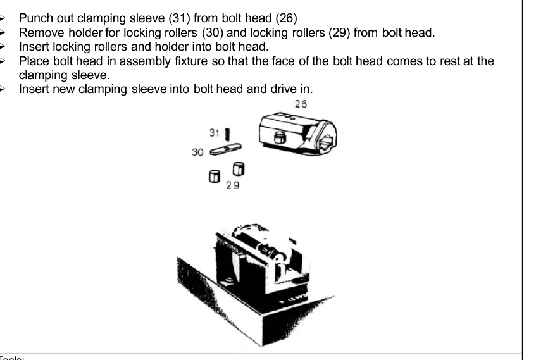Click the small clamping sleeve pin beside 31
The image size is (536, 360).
tap(227, 134)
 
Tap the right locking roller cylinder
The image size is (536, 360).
tap(238, 169)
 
